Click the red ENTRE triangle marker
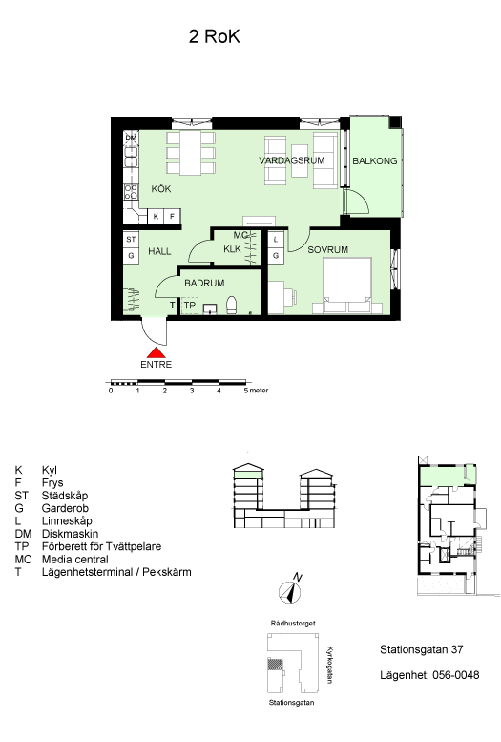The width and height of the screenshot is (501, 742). pos(157,352)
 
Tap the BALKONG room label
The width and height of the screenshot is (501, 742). pos(375,160)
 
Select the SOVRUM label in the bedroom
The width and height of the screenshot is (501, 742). pos(328,249)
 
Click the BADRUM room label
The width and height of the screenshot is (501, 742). pos(204,283)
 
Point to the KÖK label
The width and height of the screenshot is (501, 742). pos(161,189)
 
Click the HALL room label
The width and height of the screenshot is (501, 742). pos(159,251)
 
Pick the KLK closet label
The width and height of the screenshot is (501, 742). pos(232,249)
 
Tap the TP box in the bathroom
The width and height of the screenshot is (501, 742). pos(189,306)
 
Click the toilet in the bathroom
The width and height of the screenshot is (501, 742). pos(232,306)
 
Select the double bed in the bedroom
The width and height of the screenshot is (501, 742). pos(346,286)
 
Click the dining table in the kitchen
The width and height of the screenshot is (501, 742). pos(191,153)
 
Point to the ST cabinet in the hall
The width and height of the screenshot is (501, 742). pos(131,240)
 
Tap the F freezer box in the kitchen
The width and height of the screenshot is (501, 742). pos(172,216)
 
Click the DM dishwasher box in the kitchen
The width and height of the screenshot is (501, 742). pos(131,138)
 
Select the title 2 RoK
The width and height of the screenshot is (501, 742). pos(215,36)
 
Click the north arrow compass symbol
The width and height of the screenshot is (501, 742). pos(289,591)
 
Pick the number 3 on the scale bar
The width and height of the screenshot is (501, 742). pos(192,391)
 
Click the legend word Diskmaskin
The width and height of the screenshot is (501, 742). pos(70,534)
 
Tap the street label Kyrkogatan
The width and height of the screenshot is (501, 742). pos(330,665)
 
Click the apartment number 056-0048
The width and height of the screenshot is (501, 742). pos(455,675)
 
